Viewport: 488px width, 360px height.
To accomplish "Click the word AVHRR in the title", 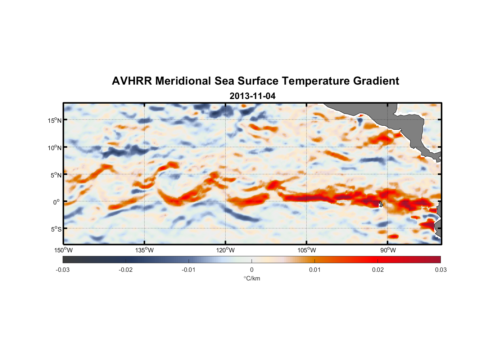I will [131, 81].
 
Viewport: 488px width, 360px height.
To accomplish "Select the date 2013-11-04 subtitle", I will [252, 96].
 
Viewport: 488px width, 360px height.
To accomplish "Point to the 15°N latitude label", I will [55, 120].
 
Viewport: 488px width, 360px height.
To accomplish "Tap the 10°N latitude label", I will [55, 148].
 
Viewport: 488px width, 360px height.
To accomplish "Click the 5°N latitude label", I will [56, 175].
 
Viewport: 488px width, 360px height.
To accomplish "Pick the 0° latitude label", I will [57, 202].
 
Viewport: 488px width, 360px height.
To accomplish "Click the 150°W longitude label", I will [63, 250].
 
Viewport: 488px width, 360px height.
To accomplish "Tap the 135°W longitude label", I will [145, 250].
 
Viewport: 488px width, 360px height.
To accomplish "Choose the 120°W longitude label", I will [226, 250].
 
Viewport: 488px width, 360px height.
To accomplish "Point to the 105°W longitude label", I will [307, 250].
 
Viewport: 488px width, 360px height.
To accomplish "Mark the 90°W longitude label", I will [388, 250].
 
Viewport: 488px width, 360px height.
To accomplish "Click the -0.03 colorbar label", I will [63, 270].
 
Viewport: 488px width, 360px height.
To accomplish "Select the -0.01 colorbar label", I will [189, 270].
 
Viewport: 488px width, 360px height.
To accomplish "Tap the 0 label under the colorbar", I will [252, 270].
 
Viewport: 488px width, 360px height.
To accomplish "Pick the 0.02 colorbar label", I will [378, 270].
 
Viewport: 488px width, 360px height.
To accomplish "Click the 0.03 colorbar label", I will [440, 270].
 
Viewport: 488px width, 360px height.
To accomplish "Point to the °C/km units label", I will [252, 278].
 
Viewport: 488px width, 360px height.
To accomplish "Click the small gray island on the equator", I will [381, 204].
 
